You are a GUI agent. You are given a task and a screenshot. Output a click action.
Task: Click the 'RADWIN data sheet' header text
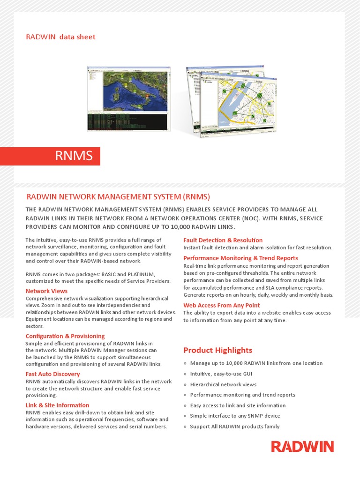[x=60, y=37]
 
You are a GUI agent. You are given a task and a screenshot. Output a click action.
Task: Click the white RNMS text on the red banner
[x=74, y=156]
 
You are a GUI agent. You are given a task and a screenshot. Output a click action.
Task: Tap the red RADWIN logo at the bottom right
[x=302, y=446]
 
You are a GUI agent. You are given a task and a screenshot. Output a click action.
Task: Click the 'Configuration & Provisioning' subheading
[x=65, y=336]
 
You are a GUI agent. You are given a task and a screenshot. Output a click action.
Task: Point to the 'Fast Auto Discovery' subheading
[x=52, y=374]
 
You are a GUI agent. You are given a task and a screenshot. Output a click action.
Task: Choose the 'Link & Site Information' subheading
[x=57, y=405]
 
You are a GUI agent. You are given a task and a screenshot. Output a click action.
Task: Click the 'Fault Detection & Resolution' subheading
[x=223, y=240]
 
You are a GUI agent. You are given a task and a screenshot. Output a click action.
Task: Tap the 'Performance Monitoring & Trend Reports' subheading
[x=240, y=258]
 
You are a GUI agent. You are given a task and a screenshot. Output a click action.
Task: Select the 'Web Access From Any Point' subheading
[x=221, y=305]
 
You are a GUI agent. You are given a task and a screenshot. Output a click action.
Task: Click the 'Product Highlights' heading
[x=217, y=350]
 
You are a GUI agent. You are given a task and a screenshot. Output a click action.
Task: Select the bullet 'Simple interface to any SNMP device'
[x=235, y=416]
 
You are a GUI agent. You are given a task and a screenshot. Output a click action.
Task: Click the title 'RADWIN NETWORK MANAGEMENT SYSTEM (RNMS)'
[x=118, y=196]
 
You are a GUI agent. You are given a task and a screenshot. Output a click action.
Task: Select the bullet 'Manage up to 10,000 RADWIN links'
[x=256, y=363]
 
